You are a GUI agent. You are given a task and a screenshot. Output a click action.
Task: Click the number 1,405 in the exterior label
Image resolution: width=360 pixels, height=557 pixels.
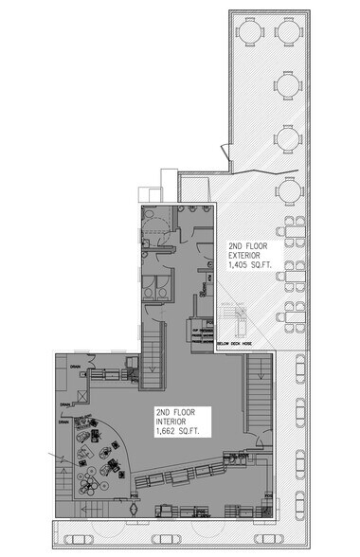click(x=237, y=266)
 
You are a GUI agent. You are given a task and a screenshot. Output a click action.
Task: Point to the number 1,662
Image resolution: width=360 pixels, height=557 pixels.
click(x=165, y=432)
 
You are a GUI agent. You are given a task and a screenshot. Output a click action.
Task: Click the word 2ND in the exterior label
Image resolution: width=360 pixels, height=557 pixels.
click(x=234, y=245)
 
